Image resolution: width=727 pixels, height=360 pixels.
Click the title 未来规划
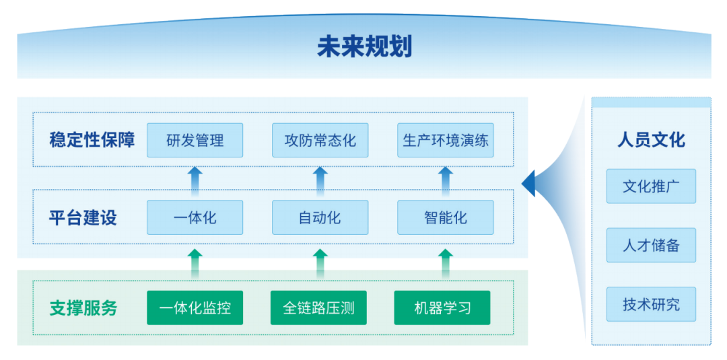364,47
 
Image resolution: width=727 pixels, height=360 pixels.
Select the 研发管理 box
195,141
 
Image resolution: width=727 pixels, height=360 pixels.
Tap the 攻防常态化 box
320,141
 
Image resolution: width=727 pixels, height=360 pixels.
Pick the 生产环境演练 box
445,141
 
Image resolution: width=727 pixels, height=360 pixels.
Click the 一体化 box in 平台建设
195,218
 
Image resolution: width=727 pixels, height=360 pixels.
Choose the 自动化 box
320,218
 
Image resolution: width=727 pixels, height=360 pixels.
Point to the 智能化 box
445,218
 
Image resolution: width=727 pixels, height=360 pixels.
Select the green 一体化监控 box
195,308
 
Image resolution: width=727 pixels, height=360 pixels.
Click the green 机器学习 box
442,308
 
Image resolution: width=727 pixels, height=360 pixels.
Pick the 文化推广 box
651,186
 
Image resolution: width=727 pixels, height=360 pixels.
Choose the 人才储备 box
651,246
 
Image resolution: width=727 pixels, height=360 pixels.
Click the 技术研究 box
651,304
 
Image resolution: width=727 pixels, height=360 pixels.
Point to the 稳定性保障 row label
92,140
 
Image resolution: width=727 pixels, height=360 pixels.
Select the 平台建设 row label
83,218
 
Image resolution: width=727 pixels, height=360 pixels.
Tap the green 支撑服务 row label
83,308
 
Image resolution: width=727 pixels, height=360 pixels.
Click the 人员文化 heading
651,139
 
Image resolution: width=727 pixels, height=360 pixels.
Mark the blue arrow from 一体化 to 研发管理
195,180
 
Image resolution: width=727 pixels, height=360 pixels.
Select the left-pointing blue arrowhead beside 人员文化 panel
528,183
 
